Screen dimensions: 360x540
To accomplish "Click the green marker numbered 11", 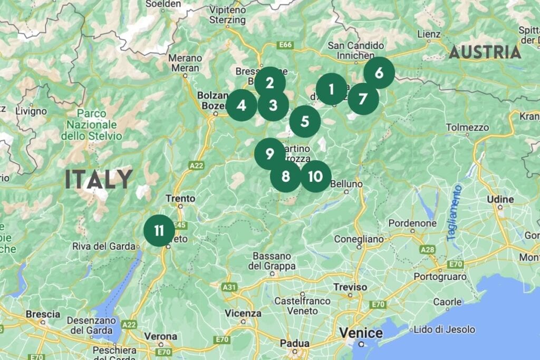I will pos(159,230).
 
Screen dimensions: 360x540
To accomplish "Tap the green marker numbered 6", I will pos(379,73).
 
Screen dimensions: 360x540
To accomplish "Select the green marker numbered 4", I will pos(242,105).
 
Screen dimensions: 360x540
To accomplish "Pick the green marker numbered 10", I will pos(315,176).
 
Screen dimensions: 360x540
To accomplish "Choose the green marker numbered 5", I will pos(305,121).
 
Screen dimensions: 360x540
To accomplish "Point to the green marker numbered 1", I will pos(331,90).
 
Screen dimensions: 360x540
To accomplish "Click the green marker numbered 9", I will pos(270,154).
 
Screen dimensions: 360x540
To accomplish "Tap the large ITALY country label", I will pos(99,180).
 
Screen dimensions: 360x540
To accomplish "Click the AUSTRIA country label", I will pos(485,52).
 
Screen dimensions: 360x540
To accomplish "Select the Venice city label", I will pos(361,333).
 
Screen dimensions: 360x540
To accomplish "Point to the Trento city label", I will pos(180,198).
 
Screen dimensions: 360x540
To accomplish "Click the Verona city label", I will pos(160,336).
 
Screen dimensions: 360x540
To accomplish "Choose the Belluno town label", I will pos(346,184).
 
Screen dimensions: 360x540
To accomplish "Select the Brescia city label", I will pos(43,314).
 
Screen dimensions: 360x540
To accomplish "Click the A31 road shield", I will pos(229,287).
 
